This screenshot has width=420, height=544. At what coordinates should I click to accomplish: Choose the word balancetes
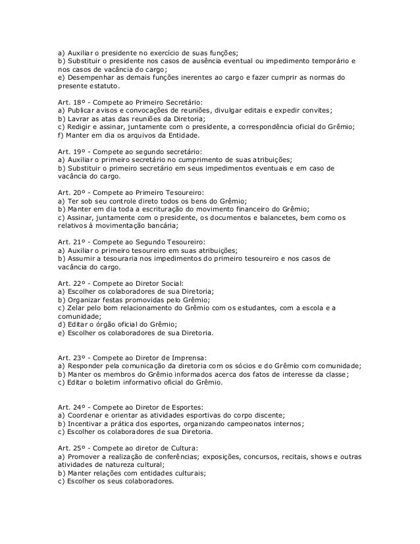tap(286, 217)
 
